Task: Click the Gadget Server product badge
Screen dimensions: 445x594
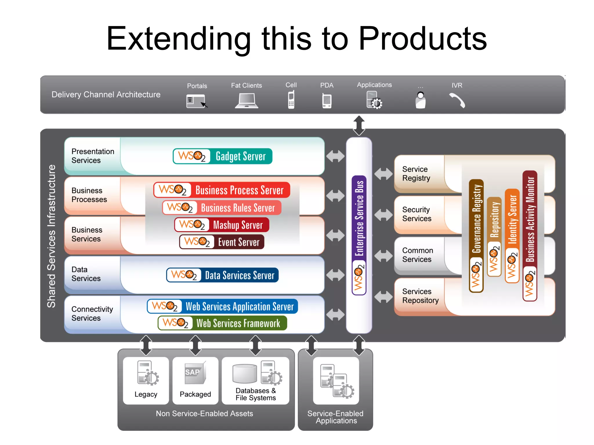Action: pos(222,156)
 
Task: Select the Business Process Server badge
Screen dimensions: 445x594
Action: pos(222,190)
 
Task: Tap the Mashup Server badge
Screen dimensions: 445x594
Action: pos(222,225)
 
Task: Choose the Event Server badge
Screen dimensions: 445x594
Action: pos(222,242)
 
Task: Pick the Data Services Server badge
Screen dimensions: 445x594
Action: pos(222,275)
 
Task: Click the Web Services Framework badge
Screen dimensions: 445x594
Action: pos(222,323)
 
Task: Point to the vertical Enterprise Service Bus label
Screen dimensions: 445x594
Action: pos(359,217)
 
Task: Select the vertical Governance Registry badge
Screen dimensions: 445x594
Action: pos(476,235)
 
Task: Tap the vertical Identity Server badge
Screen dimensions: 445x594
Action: pos(512,235)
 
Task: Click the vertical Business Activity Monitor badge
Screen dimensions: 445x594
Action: pos(530,235)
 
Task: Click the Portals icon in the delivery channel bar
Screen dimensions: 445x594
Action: pos(196,101)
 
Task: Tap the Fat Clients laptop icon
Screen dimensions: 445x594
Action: pos(247,101)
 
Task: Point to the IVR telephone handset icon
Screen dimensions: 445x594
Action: pos(457,100)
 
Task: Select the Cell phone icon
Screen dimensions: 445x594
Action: pos(291,99)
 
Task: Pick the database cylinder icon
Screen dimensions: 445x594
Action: pos(245,374)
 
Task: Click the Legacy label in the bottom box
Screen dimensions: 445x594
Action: pos(146,394)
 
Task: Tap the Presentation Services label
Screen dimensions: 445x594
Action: pos(93,156)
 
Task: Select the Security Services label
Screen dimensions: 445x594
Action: pos(416,214)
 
